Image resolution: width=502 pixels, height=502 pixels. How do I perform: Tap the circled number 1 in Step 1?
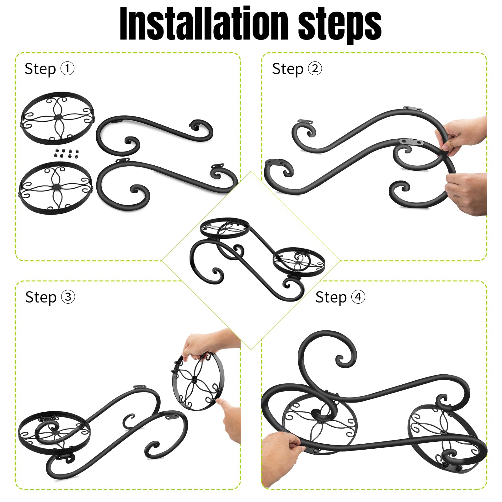point(67,68)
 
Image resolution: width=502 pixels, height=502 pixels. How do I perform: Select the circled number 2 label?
point(315,68)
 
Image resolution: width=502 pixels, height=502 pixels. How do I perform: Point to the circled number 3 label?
point(68,297)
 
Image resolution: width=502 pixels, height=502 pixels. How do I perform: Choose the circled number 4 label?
point(358,297)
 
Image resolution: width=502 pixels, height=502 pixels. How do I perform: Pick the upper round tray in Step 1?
point(57,118)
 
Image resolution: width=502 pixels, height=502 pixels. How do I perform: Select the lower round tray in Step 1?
point(56,188)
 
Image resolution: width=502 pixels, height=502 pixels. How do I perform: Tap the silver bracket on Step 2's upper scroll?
point(413,109)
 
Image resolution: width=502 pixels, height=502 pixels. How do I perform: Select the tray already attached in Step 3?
point(54,430)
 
